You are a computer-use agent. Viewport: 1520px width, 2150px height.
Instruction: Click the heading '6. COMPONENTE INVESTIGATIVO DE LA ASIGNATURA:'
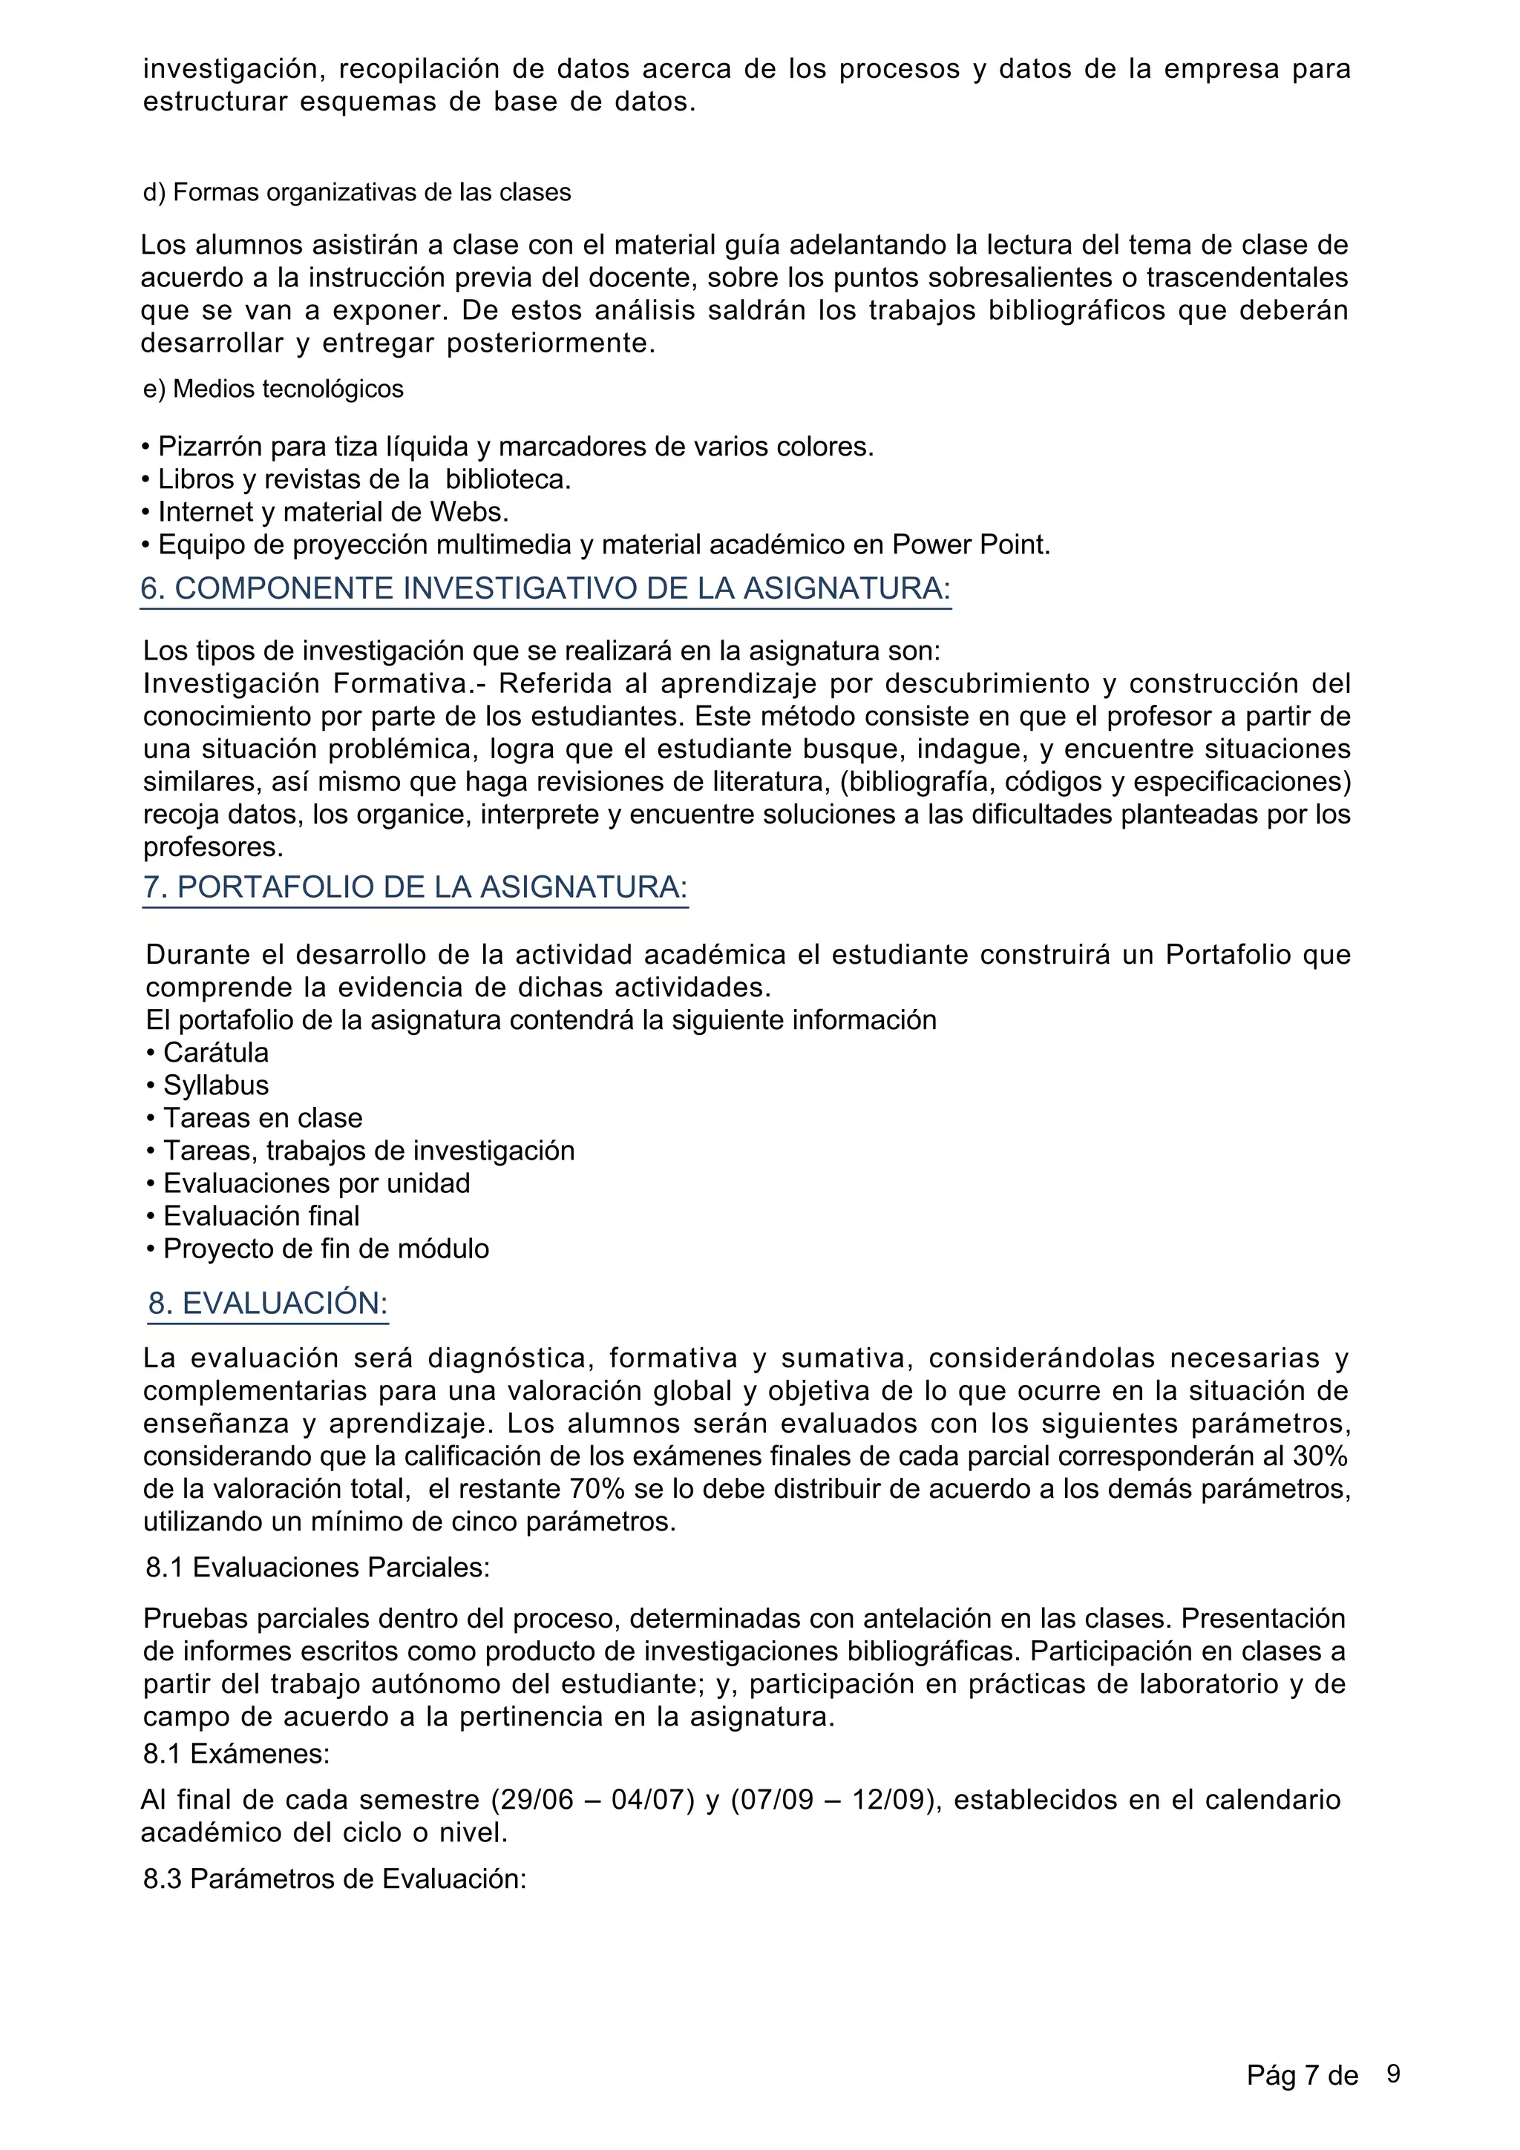[545, 589]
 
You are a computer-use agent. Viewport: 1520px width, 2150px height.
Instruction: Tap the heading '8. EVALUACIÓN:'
[268, 1304]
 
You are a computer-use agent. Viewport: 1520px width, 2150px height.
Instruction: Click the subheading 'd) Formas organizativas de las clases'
[356, 193]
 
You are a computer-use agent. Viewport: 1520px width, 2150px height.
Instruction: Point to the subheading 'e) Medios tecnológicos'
[272, 389]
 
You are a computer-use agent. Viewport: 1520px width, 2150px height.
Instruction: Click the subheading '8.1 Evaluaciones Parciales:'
[318, 1568]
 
